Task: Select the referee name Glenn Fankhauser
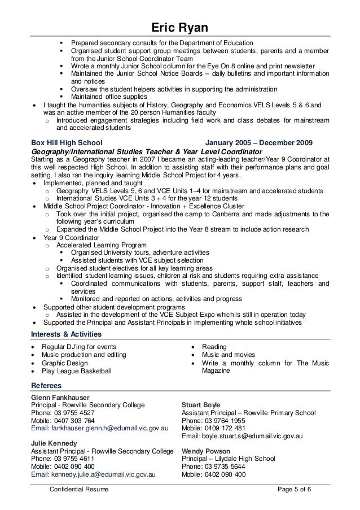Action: click(61, 397)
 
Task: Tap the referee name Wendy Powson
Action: click(206, 451)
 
